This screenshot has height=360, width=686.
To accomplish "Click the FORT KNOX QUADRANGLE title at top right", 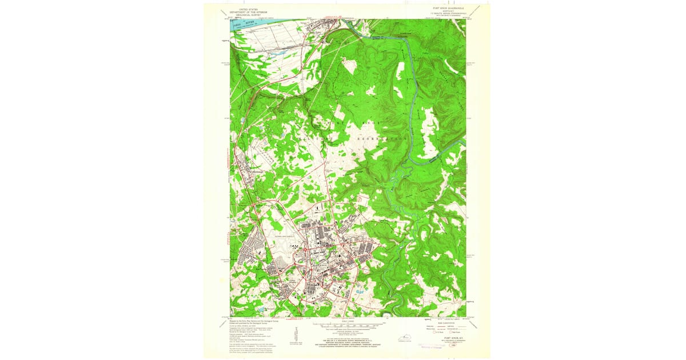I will [x=449, y=9].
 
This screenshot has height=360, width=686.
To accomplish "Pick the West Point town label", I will [x=313, y=32].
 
